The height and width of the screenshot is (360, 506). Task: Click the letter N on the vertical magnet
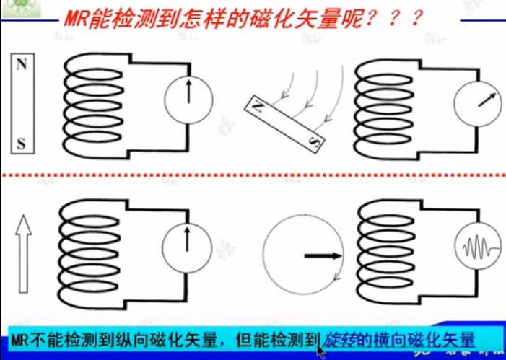coord(22,63)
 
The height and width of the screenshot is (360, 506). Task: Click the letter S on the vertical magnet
coord(22,144)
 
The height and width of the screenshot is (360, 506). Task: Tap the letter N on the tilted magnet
coord(258,106)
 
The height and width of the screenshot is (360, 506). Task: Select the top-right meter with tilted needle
coord(479,101)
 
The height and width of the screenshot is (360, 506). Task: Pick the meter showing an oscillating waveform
coord(479,250)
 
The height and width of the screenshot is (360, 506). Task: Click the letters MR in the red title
coord(72,18)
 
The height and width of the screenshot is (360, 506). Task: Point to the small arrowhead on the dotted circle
coord(335,279)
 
